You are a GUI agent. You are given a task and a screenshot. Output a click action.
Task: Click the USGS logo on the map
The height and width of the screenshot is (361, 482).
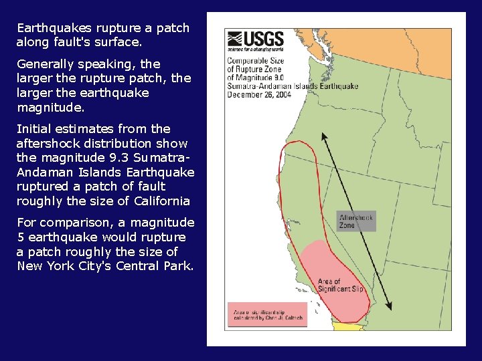point(255,41)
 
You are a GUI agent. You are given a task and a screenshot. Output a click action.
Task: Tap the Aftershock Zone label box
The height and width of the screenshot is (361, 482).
point(356,221)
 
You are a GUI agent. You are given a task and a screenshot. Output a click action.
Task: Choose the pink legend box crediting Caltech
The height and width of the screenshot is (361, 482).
point(266,315)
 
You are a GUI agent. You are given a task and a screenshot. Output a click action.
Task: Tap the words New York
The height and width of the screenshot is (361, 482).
point(41,266)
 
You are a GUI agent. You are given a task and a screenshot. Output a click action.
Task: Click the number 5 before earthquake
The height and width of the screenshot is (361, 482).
point(21,237)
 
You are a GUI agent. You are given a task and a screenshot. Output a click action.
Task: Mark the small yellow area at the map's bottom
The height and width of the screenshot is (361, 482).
point(345,327)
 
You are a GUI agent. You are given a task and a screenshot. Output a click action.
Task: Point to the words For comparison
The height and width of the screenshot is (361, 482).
point(56,223)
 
